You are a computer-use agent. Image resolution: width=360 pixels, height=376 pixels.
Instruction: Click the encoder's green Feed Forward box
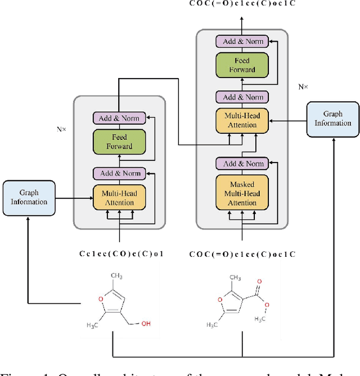coord(119,142)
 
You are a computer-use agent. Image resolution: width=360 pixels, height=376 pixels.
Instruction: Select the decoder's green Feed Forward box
coord(242,65)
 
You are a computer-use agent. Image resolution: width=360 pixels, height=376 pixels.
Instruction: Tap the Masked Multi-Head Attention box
coord(242,193)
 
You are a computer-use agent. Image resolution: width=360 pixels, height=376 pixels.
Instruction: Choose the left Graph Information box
coord(29,197)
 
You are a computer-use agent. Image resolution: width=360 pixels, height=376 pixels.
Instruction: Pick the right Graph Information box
coord(332,119)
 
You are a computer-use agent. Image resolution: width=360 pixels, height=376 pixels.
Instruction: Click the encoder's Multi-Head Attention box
coord(119,198)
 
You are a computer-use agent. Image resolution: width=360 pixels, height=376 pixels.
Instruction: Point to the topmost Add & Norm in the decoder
coord(242,41)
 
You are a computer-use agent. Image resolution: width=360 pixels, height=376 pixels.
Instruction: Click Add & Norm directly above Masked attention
coord(242,164)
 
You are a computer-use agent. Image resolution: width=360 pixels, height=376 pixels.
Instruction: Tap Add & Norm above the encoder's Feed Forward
coord(119,118)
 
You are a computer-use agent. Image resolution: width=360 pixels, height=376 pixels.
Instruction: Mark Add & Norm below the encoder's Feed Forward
coord(119,173)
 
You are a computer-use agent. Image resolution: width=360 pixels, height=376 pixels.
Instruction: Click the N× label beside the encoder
coord(61,129)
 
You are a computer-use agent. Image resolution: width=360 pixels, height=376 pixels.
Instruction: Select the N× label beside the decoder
coord(302,88)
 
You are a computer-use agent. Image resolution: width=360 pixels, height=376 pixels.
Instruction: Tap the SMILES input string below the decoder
coord(242,253)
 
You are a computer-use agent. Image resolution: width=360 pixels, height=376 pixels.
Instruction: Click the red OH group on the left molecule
coord(146,323)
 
